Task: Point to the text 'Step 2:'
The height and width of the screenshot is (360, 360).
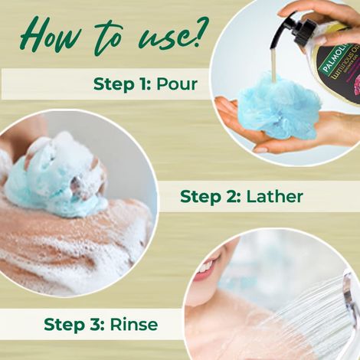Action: [x=208, y=197]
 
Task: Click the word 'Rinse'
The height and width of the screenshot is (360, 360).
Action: [x=134, y=324]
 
